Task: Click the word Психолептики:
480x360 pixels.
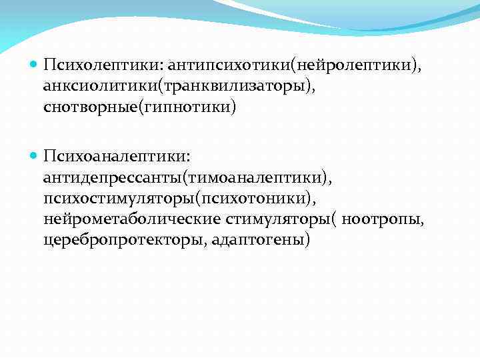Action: point(103,65)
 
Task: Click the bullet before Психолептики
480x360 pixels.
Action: point(34,65)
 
